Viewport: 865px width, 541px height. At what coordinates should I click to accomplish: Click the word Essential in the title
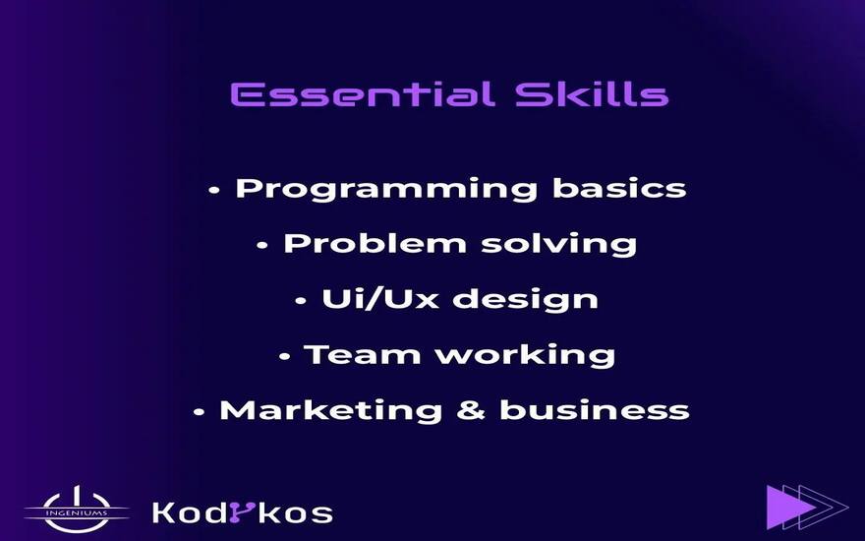coord(362,94)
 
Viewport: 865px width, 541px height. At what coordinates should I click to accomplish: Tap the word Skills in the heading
coord(592,93)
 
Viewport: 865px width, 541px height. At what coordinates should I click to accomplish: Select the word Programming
coord(386,189)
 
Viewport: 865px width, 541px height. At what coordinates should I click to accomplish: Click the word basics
coord(619,187)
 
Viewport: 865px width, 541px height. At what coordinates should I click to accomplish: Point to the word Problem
coord(375,243)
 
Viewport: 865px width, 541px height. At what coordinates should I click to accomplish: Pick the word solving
coord(559,245)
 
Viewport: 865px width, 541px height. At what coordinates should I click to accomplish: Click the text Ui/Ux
coord(380,299)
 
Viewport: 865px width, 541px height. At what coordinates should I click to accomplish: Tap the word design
coord(525,300)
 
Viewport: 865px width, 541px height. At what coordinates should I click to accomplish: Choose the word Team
coord(362,354)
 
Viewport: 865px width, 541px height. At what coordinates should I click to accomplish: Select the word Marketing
coord(330,411)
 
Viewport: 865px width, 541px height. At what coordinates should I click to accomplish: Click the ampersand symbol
coord(471,410)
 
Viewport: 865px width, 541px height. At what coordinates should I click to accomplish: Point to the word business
coord(595,409)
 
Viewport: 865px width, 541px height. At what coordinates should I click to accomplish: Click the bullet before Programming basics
coord(214,191)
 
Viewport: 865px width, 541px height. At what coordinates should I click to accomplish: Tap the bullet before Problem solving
coord(262,246)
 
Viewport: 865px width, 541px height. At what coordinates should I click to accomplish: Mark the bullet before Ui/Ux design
coord(301,301)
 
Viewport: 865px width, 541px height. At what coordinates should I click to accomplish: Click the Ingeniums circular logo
coord(77,510)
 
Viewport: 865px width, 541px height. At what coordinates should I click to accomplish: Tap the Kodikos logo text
coord(242,512)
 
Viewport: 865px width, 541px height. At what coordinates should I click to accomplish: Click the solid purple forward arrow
coord(790,507)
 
